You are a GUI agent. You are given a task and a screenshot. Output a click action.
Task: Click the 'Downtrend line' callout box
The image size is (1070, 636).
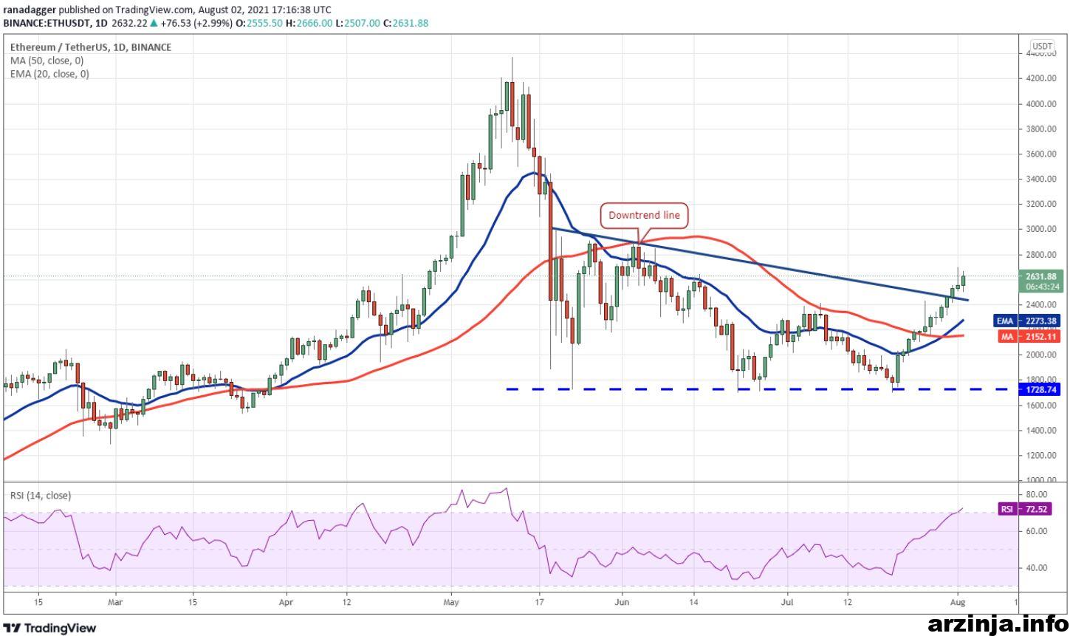click(x=644, y=216)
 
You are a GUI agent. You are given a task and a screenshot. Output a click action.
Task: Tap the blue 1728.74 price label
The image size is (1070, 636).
click(x=1039, y=390)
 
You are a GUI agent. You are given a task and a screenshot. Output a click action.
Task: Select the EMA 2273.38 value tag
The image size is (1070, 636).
click(x=1026, y=321)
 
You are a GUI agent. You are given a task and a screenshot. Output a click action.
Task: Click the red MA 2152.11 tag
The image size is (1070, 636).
click(x=1029, y=337)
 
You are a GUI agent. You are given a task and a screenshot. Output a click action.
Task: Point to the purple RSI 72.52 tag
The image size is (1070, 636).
click(x=1025, y=509)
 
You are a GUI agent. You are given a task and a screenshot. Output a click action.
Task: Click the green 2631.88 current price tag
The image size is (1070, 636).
click(x=1040, y=281)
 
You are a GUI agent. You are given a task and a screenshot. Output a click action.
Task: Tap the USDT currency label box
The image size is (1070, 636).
click(x=1042, y=46)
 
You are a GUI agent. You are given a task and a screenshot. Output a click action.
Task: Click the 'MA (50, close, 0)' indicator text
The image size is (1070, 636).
click(x=47, y=61)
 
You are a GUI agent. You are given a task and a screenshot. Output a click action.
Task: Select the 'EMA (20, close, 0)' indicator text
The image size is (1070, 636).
click(x=49, y=74)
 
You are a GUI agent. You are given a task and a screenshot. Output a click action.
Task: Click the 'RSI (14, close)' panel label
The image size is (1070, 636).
click(x=41, y=496)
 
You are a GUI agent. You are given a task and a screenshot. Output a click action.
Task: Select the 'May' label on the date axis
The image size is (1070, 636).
click(x=451, y=602)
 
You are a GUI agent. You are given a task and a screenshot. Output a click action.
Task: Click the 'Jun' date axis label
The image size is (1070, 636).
click(x=622, y=602)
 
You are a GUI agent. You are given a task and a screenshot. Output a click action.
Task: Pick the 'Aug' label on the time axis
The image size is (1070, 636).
click(x=958, y=602)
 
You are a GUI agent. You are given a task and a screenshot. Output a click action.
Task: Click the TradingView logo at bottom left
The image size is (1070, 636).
click(x=49, y=627)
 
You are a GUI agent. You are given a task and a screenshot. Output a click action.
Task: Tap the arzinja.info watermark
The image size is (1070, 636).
click(x=998, y=623)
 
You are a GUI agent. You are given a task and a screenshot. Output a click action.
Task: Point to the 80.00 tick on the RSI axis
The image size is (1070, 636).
click(x=1032, y=494)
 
